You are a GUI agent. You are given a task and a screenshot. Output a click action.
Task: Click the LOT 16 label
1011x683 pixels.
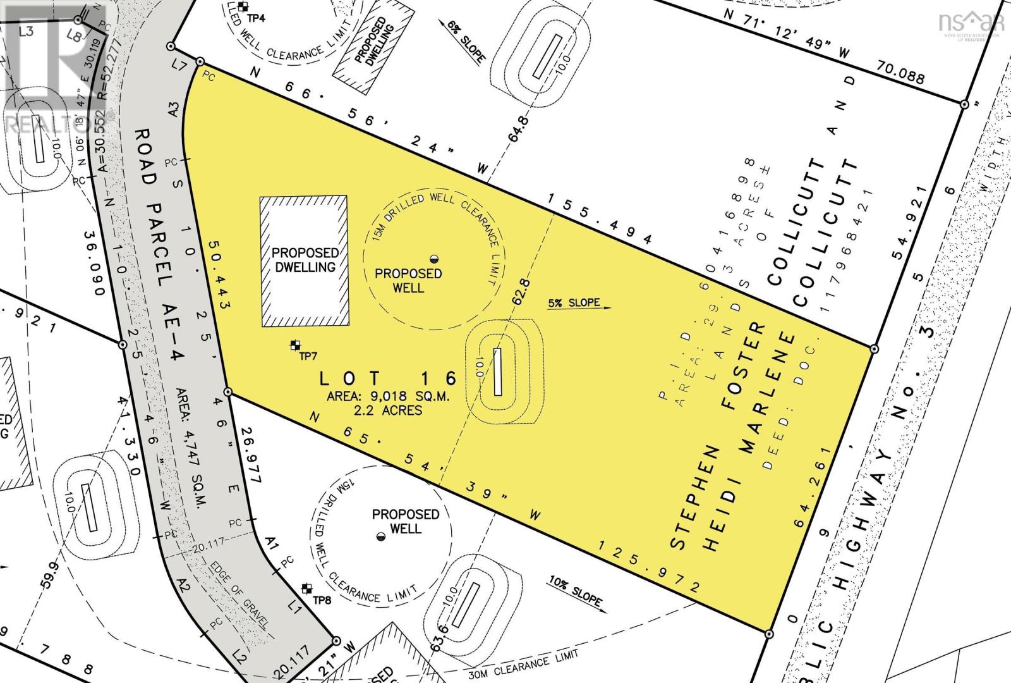[x=387, y=378]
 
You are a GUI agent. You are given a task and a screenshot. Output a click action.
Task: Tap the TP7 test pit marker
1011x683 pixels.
[x=294, y=345]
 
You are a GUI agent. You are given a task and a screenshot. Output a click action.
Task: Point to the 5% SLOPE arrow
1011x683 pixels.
[x=580, y=304]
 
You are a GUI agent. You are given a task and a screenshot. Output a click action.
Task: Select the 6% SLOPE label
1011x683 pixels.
[x=466, y=41]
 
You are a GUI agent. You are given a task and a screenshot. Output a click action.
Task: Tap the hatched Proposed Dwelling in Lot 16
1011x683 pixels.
[x=305, y=261]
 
